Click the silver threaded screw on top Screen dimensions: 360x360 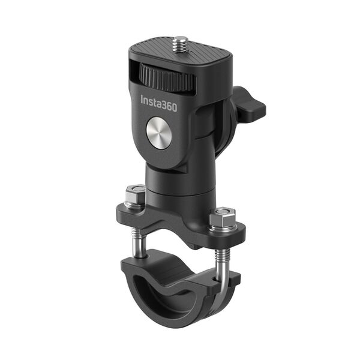point(179,43)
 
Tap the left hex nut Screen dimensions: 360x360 point(135,196)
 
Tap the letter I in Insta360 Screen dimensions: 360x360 point(142,100)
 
